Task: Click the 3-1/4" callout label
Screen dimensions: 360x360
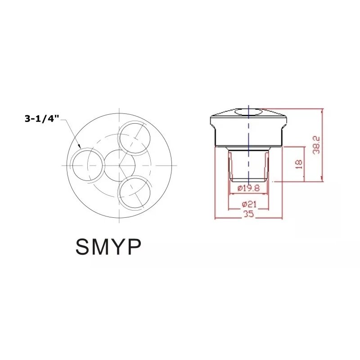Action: pyautogui.click(x=42, y=119)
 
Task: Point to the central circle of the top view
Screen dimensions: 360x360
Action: pyautogui.click(x=119, y=165)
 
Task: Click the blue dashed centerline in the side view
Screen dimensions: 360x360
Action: pyautogui.click(x=248, y=148)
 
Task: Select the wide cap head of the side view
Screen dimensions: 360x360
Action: pyautogui.click(x=248, y=128)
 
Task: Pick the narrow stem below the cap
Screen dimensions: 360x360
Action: pyautogui.click(x=248, y=164)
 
